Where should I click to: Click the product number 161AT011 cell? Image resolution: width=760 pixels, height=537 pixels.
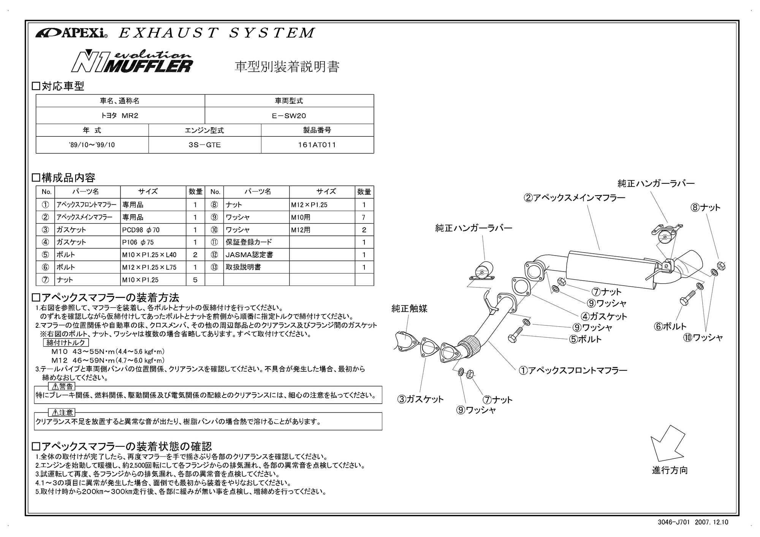(x=317, y=145)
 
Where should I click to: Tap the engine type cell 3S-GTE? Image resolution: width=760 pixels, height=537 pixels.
(x=204, y=145)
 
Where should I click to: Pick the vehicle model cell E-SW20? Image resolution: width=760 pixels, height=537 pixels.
(x=289, y=116)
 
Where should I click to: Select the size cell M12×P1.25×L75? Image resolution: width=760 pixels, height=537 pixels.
(x=149, y=267)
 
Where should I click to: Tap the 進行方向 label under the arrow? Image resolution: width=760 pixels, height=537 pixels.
(x=670, y=471)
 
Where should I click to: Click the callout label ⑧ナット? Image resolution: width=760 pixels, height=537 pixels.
(x=705, y=208)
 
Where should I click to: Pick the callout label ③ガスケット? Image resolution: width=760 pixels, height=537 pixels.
(x=420, y=399)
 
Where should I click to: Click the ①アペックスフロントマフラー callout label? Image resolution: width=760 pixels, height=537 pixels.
(x=573, y=370)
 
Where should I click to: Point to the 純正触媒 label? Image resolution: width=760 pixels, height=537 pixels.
(x=409, y=309)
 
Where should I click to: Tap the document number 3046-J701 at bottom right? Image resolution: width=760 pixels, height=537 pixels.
(x=673, y=522)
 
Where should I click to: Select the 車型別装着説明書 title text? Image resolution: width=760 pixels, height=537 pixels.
(x=287, y=67)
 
